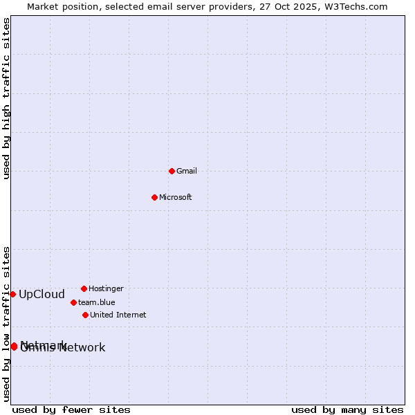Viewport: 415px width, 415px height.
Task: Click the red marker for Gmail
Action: tap(172, 171)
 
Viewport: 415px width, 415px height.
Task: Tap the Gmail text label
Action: tap(187, 172)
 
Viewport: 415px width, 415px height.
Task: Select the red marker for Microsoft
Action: tap(154, 197)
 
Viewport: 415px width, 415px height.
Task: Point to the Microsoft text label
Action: tap(176, 198)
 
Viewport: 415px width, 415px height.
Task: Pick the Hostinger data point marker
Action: tap(84, 288)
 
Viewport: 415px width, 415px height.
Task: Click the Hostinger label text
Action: tap(106, 289)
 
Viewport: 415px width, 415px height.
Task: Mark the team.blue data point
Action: tap(73, 302)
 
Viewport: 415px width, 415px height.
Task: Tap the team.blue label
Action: tap(97, 303)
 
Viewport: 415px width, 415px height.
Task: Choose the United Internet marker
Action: tap(85, 315)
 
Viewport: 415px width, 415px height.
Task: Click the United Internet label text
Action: tap(118, 315)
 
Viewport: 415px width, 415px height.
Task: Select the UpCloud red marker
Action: tap(12, 294)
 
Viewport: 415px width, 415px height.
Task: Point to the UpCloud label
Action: tap(41, 295)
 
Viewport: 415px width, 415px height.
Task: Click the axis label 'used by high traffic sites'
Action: tap(6, 98)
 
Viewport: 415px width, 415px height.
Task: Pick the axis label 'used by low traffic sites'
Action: tap(6, 324)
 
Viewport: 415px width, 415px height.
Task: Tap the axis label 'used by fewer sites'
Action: tap(71, 410)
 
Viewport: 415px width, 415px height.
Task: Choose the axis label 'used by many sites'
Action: tap(347, 410)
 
